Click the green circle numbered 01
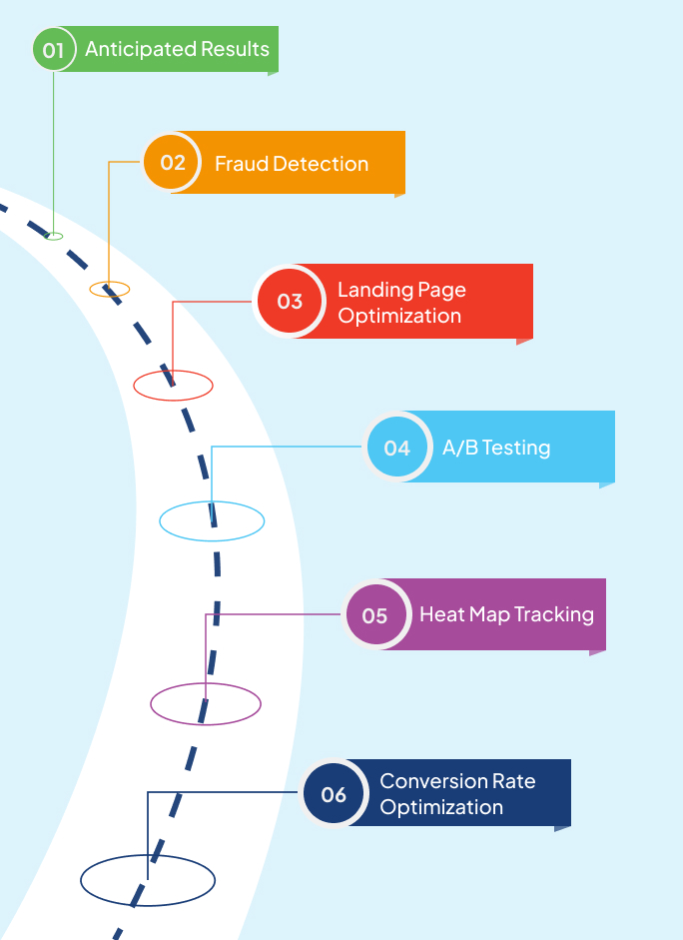click(53, 49)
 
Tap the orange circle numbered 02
click(173, 162)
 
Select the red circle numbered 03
click(290, 301)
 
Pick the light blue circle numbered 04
click(397, 448)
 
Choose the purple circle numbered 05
click(374, 615)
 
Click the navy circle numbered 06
click(334, 794)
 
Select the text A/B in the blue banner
click(459, 448)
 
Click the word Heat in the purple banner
click(440, 614)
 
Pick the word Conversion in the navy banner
click(428, 781)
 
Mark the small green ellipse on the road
click(54, 236)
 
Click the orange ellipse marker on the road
click(110, 290)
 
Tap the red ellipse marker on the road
click(173, 385)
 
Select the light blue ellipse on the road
click(212, 520)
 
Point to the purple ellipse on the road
click(206, 704)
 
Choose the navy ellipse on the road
click(148, 880)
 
